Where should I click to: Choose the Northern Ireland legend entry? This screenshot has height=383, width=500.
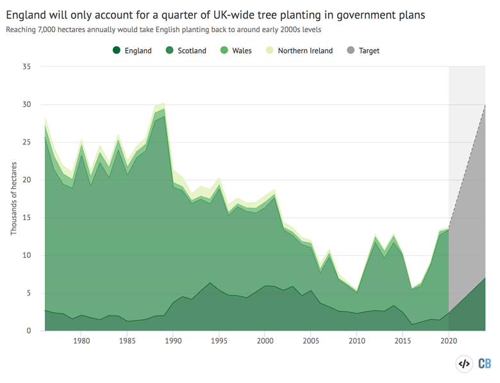point(299,51)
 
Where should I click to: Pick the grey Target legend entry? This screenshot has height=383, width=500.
point(363,51)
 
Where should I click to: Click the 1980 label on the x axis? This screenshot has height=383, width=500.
point(81,341)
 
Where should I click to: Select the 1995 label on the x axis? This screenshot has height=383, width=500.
point(219,341)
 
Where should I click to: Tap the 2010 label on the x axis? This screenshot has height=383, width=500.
point(356,341)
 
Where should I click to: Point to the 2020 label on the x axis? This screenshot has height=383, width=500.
point(448,341)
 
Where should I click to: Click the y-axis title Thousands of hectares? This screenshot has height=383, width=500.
point(13,199)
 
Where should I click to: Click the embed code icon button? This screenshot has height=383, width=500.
point(463,364)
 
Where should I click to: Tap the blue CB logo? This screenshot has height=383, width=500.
point(485,364)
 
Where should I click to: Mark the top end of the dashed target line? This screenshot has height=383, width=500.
point(485,105)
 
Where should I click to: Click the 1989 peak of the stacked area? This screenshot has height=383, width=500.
point(164,103)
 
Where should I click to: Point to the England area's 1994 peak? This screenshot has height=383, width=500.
point(210,282)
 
